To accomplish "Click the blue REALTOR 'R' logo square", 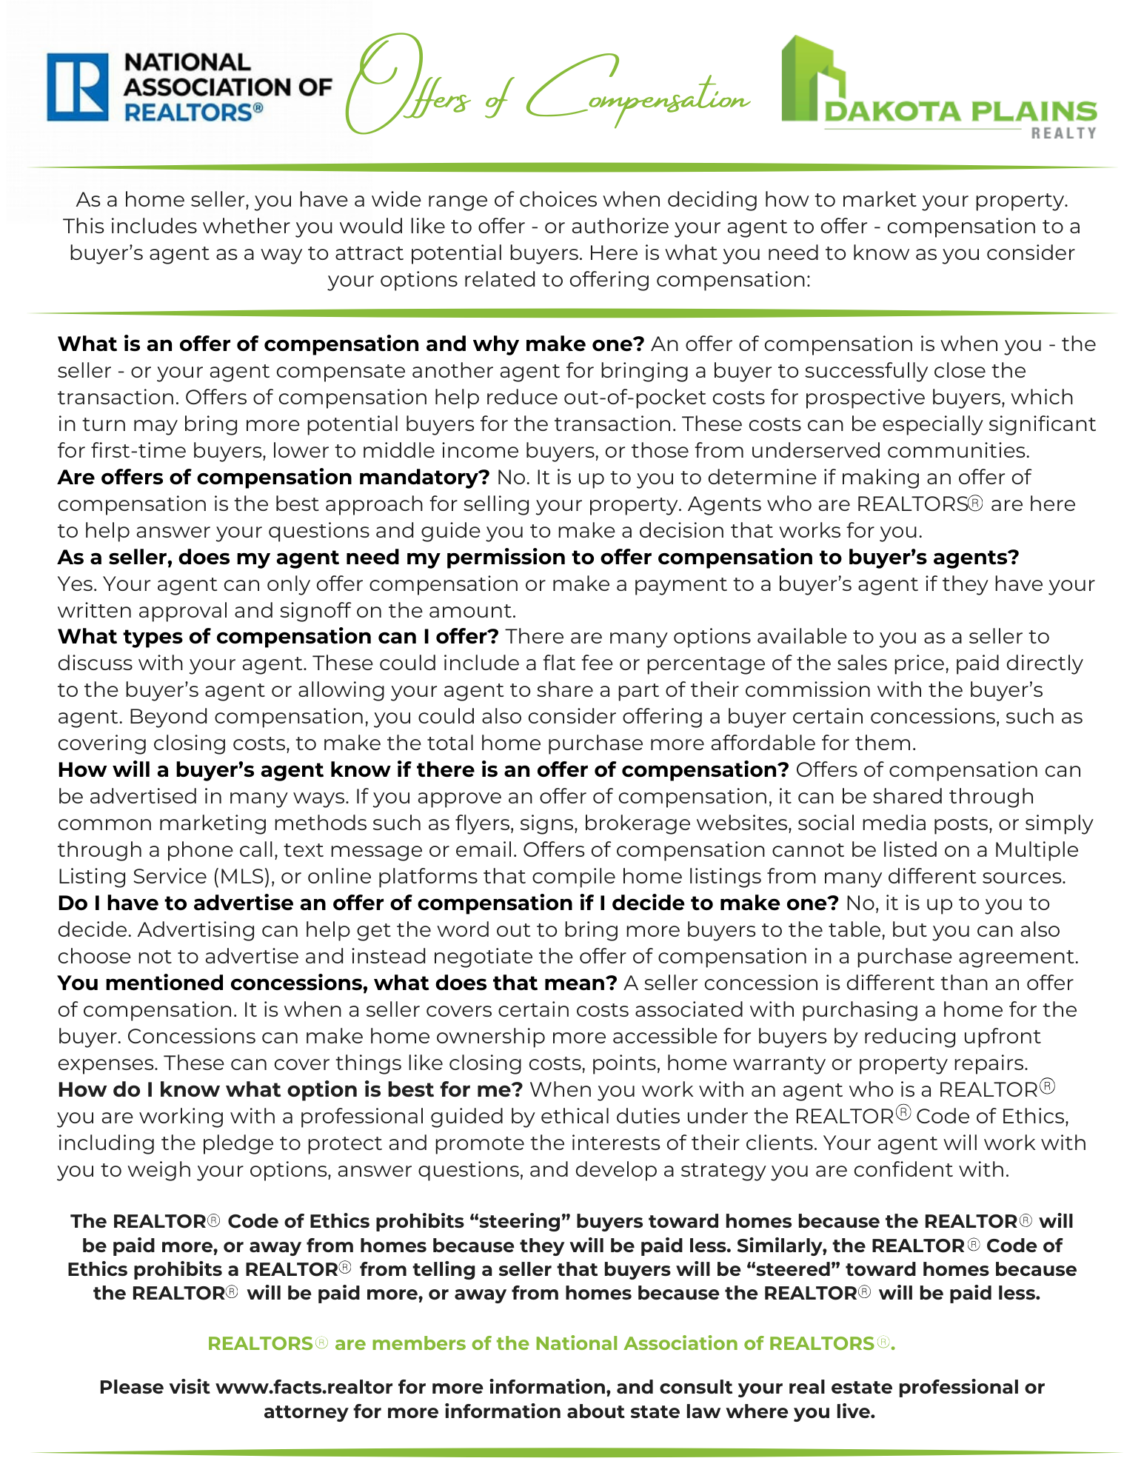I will (x=77, y=87).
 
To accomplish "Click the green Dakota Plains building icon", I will (x=812, y=78).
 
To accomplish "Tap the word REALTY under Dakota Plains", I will (x=1063, y=133).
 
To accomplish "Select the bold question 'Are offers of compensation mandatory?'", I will (x=273, y=478).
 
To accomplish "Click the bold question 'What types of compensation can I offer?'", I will (x=278, y=637).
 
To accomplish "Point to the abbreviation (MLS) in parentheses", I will (x=244, y=877).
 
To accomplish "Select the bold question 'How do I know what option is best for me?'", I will (x=290, y=1090).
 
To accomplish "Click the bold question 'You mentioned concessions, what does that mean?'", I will (x=337, y=983).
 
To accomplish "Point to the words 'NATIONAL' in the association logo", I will (x=188, y=63).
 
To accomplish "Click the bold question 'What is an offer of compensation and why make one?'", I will (x=351, y=344).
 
